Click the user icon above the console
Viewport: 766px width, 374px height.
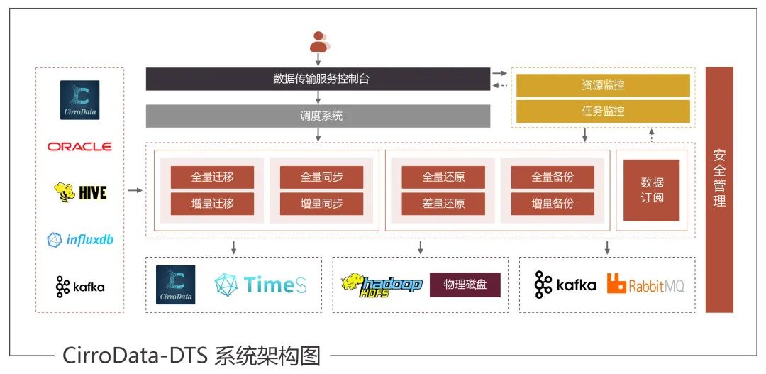click(318, 42)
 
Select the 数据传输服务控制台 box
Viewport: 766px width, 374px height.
click(318, 79)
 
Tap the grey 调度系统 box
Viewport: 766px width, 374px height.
click(318, 116)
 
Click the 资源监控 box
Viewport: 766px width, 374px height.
click(602, 85)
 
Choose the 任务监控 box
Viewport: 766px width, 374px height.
click(602, 111)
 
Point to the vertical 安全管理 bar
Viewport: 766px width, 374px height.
click(718, 189)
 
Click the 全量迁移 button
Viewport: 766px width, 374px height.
click(212, 177)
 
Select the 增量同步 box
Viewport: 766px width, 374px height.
click(321, 204)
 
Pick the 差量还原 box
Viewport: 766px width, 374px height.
click(443, 204)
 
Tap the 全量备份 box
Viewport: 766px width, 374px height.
click(553, 177)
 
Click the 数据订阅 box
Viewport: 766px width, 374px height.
click(651, 189)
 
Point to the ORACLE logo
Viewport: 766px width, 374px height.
click(79, 147)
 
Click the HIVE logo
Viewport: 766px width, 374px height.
click(80, 192)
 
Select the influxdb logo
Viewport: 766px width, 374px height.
click(80, 240)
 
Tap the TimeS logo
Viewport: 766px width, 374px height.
click(260, 285)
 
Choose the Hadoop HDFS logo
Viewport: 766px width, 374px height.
click(381, 285)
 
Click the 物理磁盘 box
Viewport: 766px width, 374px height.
click(465, 285)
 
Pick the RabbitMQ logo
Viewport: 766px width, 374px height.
click(645, 285)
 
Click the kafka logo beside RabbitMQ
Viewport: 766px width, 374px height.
click(565, 285)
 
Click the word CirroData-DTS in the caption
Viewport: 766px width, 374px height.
click(133, 355)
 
